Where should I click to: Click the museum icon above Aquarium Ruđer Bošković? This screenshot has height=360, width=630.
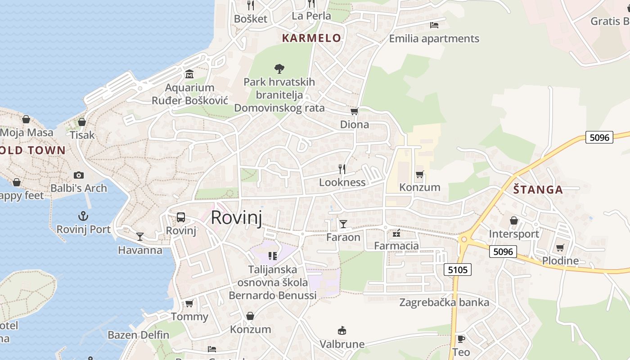[x=189, y=74]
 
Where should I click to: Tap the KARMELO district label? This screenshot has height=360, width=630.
[x=311, y=38]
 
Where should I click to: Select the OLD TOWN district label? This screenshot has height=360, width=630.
[x=33, y=150]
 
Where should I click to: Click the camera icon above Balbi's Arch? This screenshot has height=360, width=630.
[x=79, y=175]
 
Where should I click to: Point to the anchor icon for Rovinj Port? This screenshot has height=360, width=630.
[x=83, y=216]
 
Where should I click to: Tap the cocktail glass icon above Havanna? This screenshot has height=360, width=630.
[x=140, y=236]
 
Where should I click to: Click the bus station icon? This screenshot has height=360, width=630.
[x=181, y=217]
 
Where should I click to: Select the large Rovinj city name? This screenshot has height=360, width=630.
[x=236, y=217]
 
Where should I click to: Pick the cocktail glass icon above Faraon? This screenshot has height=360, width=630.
[x=343, y=224]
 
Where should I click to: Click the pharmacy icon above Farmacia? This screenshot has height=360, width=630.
[x=396, y=233]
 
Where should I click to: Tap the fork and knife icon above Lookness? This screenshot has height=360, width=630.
[x=342, y=169]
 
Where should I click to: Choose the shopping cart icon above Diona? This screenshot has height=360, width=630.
[x=354, y=111]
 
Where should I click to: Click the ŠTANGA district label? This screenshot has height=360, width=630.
[x=538, y=189]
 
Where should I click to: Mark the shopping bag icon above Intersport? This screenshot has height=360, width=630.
[x=514, y=220]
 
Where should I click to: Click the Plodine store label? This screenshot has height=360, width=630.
[x=560, y=261]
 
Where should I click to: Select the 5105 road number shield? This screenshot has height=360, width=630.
[x=458, y=270]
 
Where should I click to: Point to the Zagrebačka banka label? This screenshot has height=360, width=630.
[x=444, y=302]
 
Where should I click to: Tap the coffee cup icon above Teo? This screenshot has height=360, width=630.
[x=461, y=339]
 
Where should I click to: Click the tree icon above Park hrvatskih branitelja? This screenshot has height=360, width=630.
[x=279, y=69]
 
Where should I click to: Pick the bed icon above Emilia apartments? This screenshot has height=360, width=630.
[x=434, y=25]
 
